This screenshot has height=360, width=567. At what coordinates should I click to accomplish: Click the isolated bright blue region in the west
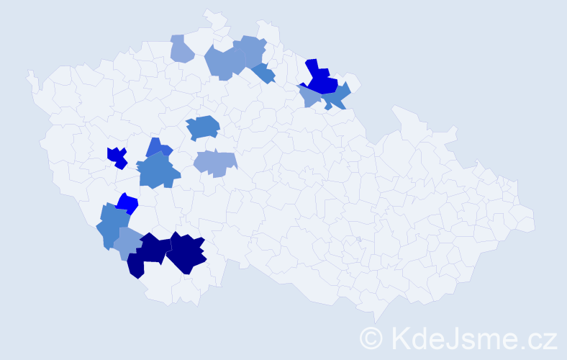[x=117, y=157]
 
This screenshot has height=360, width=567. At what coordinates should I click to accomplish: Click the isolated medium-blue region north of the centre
[x=203, y=127]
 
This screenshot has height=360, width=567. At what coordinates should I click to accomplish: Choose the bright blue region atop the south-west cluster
[x=127, y=203]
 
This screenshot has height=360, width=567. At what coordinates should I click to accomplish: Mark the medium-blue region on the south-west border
[x=110, y=225]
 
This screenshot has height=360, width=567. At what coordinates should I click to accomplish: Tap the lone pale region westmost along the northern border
[x=181, y=49]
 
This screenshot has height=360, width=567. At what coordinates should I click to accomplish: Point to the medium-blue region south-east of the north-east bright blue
[x=337, y=96]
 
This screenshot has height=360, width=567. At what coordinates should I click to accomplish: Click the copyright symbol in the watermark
[x=371, y=337]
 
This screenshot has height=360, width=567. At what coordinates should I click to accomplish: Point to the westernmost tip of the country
[x=29, y=73]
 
